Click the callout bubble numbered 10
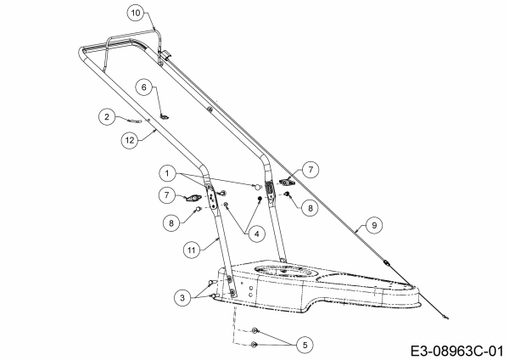point(136,13)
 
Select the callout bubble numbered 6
point(144,87)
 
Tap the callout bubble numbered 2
point(107,116)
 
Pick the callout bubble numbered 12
point(130,140)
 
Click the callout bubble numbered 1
point(167,173)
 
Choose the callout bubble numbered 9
point(374,225)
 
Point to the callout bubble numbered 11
point(191,250)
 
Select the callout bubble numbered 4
point(257,233)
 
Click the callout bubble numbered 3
point(182,298)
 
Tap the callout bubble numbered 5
point(305,345)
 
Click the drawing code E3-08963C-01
point(457,352)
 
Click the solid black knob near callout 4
point(260,199)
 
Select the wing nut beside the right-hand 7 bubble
point(287,183)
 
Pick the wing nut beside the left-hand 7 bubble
point(192,198)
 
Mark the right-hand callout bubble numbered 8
point(310,208)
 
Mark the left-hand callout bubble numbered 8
point(171,223)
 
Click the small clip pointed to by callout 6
point(165,116)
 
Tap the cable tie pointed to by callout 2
point(135,121)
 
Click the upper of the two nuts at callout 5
point(255,331)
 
